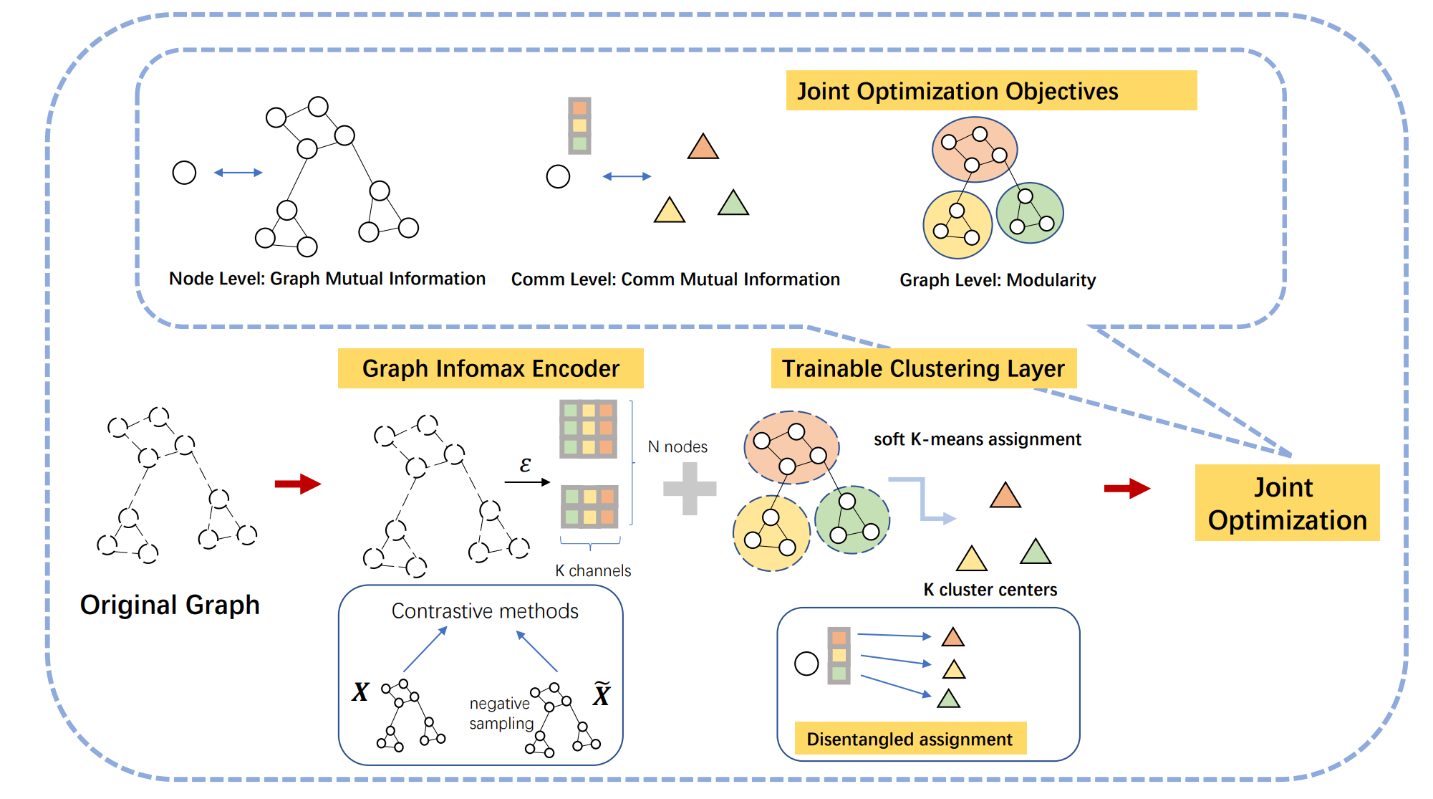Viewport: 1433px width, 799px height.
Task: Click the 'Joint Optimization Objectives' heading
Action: (x=957, y=91)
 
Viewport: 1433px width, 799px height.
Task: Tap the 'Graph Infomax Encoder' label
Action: (x=491, y=368)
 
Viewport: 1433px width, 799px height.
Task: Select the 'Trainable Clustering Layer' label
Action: (x=923, y=368)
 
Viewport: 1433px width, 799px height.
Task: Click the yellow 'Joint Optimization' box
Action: (x=1287, y=503)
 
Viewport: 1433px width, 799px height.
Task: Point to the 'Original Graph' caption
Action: (x=170, y=605)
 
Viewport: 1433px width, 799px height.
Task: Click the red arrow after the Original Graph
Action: (x=298, y=484)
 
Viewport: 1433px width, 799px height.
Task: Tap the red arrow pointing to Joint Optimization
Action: (x=1126, y=489)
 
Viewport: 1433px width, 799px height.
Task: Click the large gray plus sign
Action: (x=690, y=489)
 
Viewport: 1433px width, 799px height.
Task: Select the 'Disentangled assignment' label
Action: (x=910, y=739)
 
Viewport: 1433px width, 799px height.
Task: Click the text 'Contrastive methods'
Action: (x=485, y=611)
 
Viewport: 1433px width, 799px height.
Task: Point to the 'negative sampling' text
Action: (x=501, y=713)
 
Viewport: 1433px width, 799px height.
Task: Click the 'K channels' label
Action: (x=593, y=571)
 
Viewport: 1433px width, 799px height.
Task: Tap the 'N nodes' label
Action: (x=677, y=447)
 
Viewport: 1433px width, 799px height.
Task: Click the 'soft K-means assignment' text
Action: (x=977, y=439)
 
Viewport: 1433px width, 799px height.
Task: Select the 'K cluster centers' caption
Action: (x=990, y=590)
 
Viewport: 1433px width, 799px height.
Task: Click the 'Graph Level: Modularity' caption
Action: (x=998, y=280)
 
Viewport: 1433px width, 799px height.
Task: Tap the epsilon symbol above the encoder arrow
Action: (x=525, y=465)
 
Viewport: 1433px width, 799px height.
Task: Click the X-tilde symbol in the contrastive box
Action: (x=602, y=694)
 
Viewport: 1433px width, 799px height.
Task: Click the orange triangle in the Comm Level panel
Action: (x=703, y=148)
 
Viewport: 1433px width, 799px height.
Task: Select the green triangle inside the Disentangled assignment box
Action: (x=948, y=699)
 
